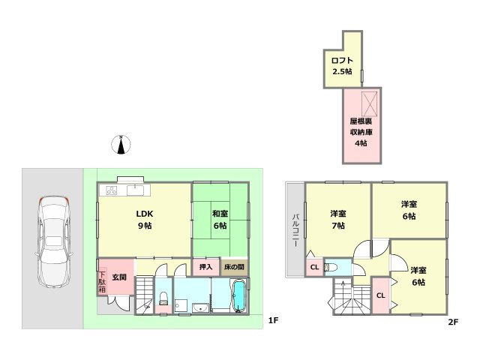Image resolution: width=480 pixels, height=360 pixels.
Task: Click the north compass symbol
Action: point(121,144)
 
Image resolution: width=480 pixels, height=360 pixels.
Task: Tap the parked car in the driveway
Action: point(54,241)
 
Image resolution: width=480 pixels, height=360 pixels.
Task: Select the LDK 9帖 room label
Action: point(145,220)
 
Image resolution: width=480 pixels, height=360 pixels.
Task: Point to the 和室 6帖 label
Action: point(220,220)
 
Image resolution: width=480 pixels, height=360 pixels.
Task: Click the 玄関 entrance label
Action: point(119,277)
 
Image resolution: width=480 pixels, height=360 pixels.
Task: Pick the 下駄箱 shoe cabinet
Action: point(102,282)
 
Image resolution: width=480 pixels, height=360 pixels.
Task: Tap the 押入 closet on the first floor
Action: point(205,267)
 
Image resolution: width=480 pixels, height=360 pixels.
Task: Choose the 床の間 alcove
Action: point(234,267)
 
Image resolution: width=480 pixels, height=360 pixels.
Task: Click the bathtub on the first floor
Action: point(239,295)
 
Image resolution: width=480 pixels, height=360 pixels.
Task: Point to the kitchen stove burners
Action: point(112,190)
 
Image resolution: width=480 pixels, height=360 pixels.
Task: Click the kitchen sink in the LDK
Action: point(135,190)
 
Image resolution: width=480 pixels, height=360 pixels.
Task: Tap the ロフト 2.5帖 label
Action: point(342,66)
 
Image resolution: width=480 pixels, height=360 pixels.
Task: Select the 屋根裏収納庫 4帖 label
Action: point(361,132)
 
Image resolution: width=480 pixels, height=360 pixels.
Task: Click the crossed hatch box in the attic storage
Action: point(370,103)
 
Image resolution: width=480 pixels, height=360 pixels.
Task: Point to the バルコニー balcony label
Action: point(295,230)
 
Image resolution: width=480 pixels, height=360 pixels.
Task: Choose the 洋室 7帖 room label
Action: point(338,220)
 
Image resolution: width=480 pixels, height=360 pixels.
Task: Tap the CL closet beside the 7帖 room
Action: point(314,267)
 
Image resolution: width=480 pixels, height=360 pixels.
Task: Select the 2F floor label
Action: point(453,322)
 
